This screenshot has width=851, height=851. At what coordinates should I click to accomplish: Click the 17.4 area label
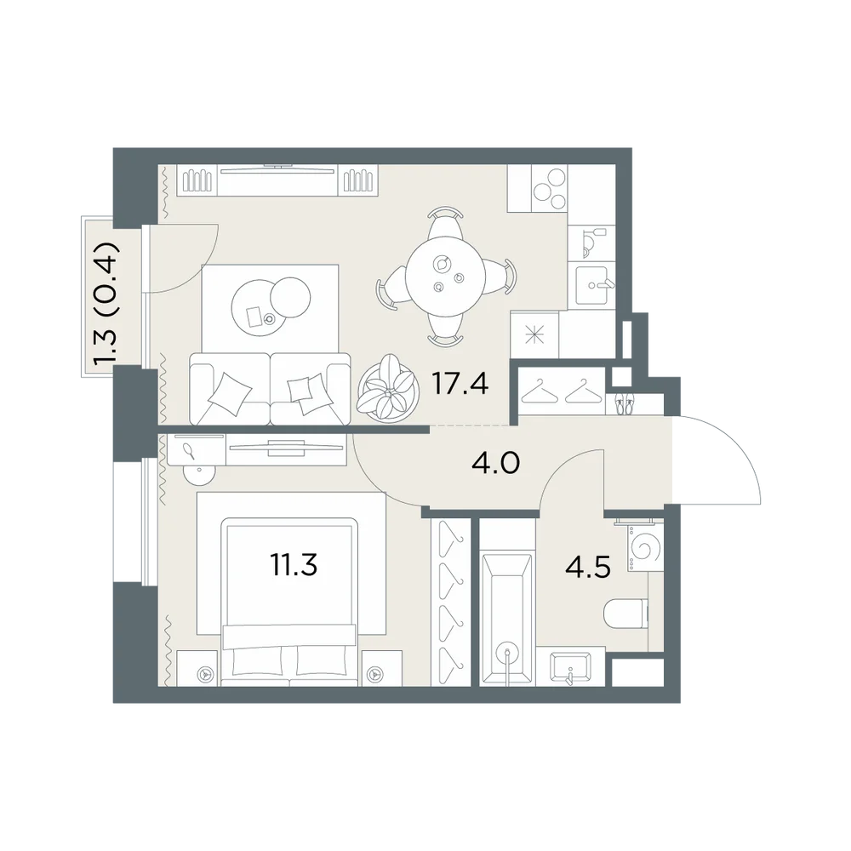460,383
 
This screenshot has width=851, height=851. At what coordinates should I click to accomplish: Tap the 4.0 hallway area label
495,464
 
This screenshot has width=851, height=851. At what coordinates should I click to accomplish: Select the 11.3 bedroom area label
294,564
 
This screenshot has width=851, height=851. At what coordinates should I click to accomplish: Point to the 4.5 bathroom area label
588,567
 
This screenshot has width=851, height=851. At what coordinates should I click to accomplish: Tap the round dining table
443,277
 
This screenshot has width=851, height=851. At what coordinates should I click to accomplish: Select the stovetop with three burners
549,188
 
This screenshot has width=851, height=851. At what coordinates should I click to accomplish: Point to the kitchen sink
593,285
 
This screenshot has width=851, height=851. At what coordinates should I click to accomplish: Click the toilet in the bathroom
625,614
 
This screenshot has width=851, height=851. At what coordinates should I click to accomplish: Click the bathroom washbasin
570,667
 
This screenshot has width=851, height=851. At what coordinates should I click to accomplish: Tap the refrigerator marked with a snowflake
534,334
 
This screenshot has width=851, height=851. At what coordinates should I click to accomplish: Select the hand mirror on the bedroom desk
189,451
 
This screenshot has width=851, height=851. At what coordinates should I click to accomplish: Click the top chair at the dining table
445,222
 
